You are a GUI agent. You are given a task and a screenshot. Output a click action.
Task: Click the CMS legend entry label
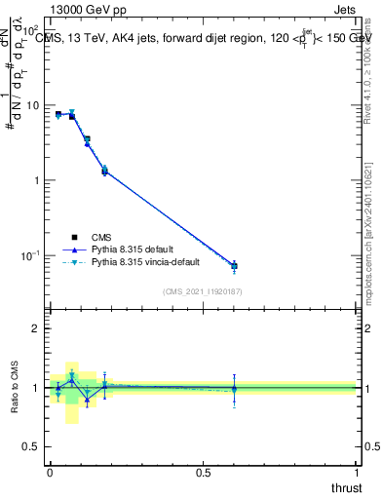click(x=100, y=236)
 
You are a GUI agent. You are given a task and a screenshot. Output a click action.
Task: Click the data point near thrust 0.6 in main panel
click(x=234, y=265)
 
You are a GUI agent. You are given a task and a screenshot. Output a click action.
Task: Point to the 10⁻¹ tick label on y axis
click(x=29, y=255)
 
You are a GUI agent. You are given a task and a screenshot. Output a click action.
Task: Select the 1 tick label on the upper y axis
click(x=37, y=180)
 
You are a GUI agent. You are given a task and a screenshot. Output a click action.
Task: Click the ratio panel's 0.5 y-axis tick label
click(x=31, y=447)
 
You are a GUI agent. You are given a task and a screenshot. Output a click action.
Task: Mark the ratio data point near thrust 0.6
click(x=234, y=388)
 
